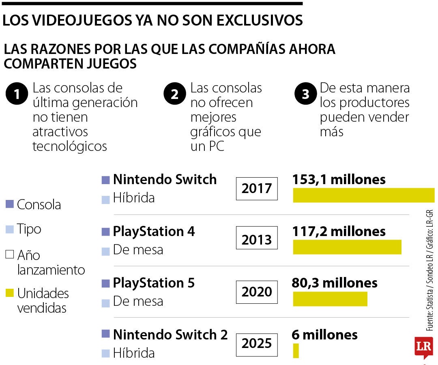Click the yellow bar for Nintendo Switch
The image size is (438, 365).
[363, 195]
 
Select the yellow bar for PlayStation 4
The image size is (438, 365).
[347, 247]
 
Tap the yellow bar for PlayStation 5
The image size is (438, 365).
[330, 299]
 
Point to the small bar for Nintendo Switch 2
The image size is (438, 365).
[296, 351]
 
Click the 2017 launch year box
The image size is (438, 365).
[257, 189]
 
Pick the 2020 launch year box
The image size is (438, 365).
[257, 292]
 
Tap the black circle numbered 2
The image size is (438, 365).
[175, 94]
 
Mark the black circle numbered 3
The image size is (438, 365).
[305, 94]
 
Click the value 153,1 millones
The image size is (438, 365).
[339, 180]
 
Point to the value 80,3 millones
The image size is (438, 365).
[335, 283]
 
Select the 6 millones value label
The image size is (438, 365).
[324, 335]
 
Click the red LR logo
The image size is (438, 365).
[423, 347]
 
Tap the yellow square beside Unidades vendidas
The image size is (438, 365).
[10, 293]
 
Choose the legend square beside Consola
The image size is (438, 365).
[10, 204]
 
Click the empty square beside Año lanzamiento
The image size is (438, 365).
[10, 255]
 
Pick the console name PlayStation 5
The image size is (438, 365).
[154, 283]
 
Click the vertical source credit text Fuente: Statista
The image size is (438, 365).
[429, 308]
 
